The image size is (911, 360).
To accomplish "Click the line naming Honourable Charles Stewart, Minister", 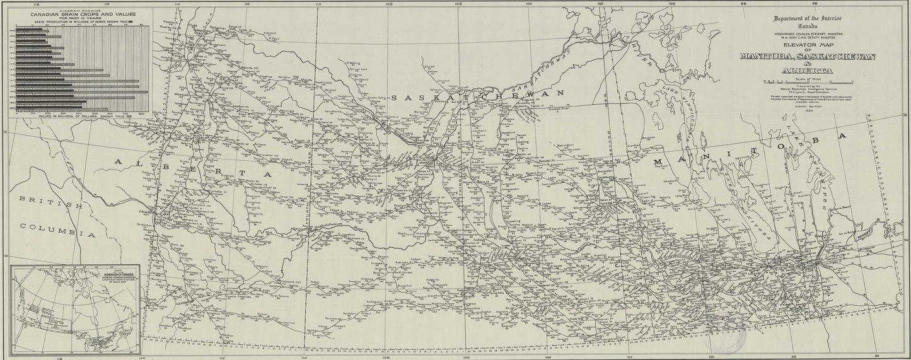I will (x=807, y=33).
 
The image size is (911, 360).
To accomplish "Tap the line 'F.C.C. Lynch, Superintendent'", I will (x=807, y=91).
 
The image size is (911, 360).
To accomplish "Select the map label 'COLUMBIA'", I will (x=57, y=229).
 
